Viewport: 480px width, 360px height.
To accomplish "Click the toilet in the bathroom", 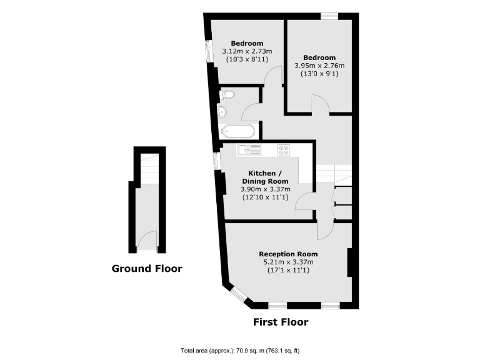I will pos(227,94).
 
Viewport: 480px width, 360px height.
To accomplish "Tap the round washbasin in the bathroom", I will pos(224,112).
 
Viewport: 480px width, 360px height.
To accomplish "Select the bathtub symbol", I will pos(238,131).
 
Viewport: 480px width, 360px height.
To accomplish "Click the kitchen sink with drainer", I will pos(249,150).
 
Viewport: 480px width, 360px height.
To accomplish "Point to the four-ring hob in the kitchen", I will pos(284,150).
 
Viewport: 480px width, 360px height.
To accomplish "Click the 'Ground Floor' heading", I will pos(147,269).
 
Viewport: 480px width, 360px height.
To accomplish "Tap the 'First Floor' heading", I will pos(280,322).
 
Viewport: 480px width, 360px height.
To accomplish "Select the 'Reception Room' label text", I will pos(288,254).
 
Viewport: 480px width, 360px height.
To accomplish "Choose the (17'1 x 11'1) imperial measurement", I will pos(288,270).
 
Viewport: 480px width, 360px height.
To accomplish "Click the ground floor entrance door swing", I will pos(145,240).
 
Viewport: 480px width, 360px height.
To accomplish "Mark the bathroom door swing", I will pos(251,112).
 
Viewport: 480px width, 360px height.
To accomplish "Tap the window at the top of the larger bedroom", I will pos(329,16).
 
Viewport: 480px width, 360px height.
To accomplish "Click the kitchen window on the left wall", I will pos(216,161).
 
